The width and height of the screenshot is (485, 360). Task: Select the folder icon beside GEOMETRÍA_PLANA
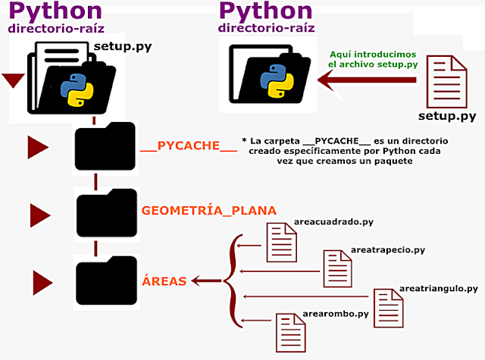point(106,213)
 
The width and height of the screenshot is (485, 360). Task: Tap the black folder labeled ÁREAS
point(106,280)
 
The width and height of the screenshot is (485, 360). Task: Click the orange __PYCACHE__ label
point(189,146)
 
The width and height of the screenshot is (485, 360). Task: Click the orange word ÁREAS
point(164,280)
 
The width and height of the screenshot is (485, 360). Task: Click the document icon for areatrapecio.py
point(336,267)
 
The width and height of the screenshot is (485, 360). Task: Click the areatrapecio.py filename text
point(387,249)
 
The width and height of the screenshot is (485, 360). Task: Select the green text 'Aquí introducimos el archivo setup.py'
point(373,60)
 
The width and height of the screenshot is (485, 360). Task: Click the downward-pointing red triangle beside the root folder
point(14,80)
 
